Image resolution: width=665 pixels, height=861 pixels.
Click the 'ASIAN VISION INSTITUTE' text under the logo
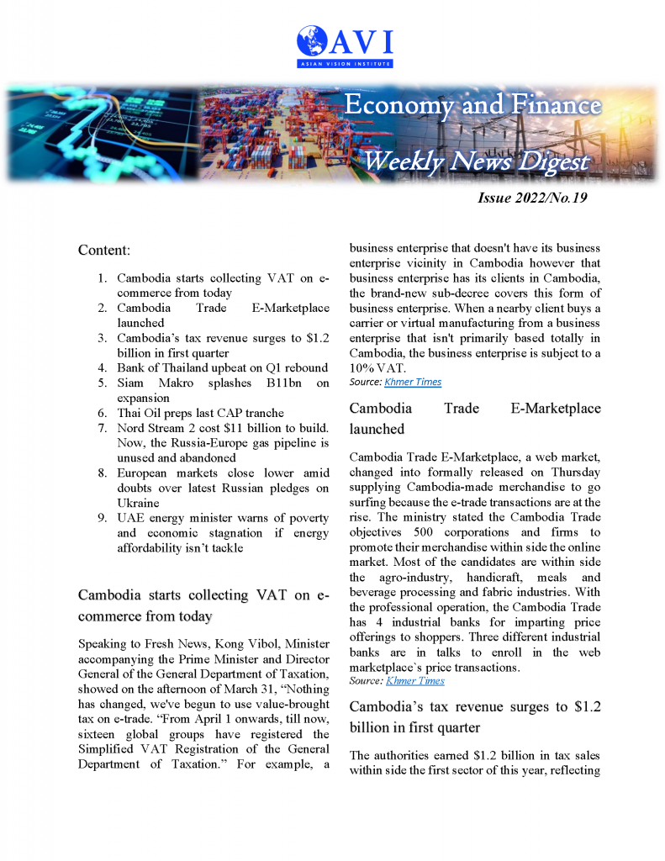345,63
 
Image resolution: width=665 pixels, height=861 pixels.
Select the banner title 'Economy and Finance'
473,105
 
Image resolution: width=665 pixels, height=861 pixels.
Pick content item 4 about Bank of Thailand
222,367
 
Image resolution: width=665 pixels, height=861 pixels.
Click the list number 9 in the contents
100,519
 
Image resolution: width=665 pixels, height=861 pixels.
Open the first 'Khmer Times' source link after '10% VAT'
412,383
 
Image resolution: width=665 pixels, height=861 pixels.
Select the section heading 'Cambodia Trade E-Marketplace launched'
474,419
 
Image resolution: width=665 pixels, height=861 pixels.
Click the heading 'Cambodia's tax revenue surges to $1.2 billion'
474,716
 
